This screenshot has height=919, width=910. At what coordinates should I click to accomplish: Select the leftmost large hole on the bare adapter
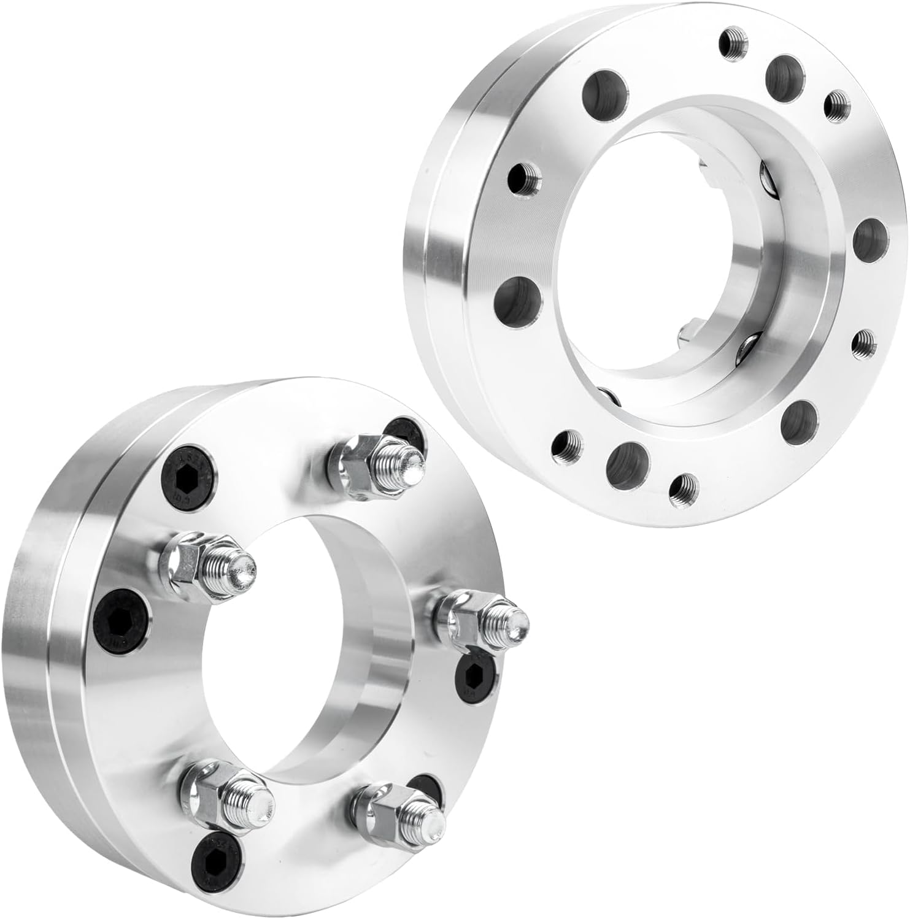click(x=519, y=301)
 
